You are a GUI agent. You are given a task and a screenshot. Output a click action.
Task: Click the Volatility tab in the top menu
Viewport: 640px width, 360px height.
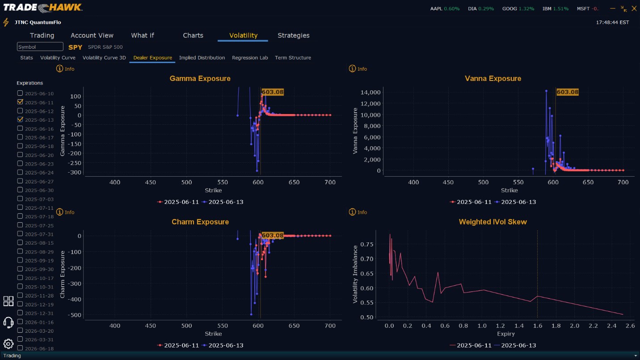[x=243, y=35]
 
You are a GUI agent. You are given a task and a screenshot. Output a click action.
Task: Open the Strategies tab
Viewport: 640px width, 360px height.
[x=293, y=35]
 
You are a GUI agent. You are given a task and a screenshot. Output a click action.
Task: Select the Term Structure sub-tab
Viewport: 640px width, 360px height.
[x=293, y=58]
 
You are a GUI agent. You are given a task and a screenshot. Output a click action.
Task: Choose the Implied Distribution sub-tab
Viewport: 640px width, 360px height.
[x=202, y=58]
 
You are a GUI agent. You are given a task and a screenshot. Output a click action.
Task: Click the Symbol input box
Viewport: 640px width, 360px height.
[x=40, y=47]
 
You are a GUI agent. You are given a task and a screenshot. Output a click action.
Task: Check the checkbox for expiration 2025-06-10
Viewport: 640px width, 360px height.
[x=20, y=93]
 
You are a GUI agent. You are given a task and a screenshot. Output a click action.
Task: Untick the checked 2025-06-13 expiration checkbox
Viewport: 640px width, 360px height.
[x=20, y=119]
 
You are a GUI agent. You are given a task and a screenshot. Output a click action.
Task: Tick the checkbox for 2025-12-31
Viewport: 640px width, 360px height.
[x=20, y=313]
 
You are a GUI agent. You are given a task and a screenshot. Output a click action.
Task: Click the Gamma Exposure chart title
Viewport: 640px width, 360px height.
[x=200, y=79]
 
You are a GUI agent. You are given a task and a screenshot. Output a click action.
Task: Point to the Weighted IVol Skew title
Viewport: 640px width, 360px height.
[x=493, y=222]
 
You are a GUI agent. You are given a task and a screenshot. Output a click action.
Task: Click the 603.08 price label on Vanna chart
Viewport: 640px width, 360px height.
[x=568, y=92]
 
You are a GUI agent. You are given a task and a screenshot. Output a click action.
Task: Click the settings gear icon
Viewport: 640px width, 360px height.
[x=8, y=344]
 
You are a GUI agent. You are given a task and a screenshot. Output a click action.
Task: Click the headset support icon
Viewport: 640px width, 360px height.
[x=8, y=322]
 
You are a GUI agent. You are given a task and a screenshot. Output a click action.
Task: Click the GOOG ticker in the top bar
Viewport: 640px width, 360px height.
[x=509, y=8]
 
